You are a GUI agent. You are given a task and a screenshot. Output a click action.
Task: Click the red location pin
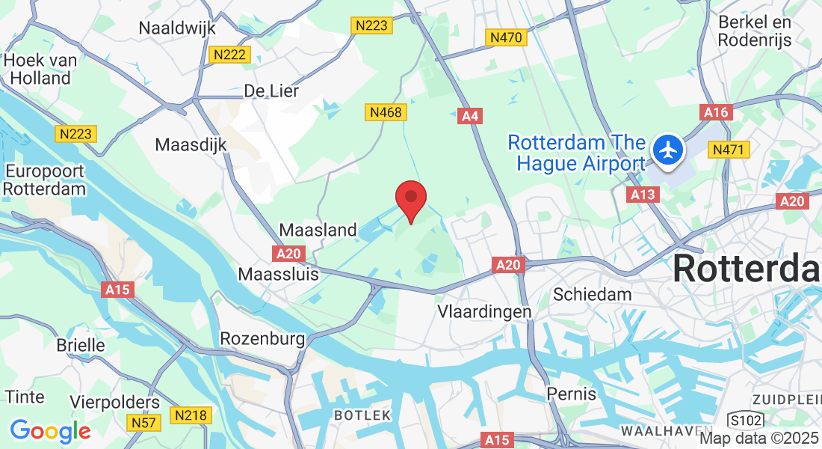coord(410,199)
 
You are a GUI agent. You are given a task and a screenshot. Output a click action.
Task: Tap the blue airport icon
coord(667,150)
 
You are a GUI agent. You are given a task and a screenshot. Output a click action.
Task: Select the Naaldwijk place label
coord(177,28)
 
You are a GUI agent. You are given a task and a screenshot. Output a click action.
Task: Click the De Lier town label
coord(271,91)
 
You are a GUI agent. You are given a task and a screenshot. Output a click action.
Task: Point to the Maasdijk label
coord(191,144)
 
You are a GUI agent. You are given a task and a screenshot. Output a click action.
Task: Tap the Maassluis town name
coord(278,274)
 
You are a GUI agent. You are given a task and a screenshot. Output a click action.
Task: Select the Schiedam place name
coord(592,294)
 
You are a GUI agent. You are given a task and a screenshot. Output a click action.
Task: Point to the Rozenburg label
coord(262,339)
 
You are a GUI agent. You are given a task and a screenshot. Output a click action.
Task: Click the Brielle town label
coord(81,345)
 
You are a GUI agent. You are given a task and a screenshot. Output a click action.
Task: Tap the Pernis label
coord(572,393)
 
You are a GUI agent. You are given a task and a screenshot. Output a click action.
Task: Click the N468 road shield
coord(386,112)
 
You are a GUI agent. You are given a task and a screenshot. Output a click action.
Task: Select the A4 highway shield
coord(468,115)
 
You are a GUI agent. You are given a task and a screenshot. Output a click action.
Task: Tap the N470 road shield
coord(506,37)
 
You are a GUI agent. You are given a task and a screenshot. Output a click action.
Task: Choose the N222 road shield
coord(230,55)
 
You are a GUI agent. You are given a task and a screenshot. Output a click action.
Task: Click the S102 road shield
coord(744,418)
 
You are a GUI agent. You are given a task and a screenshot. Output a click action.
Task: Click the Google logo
coord(50,431)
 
